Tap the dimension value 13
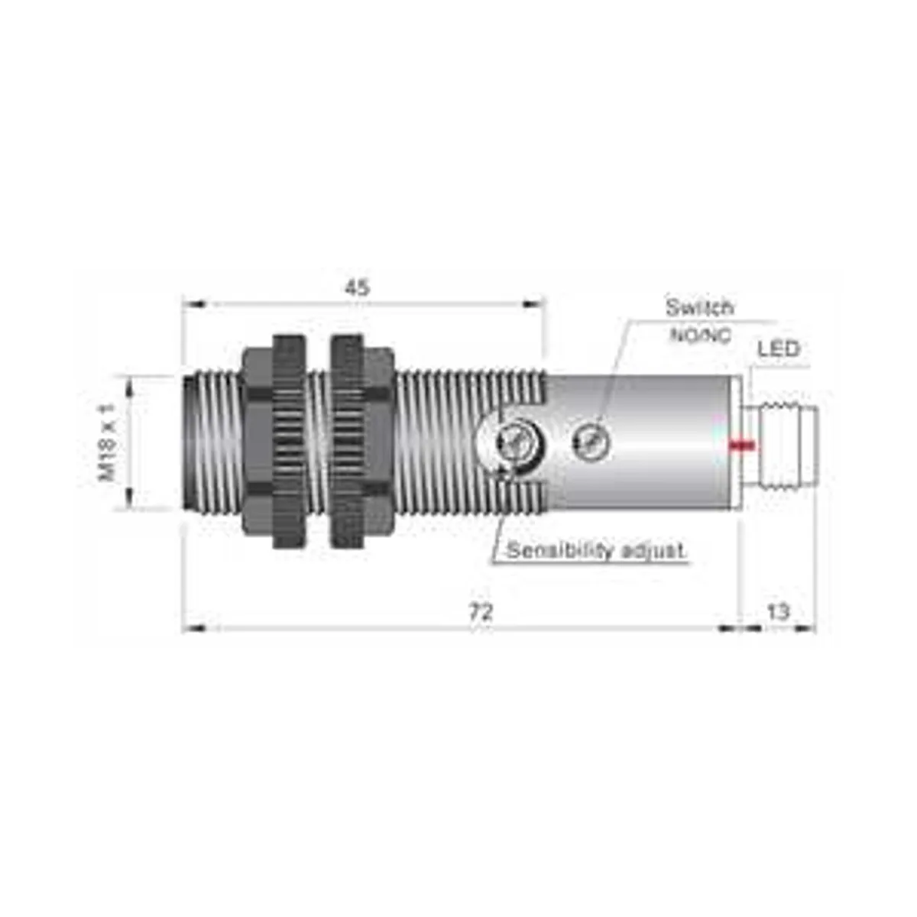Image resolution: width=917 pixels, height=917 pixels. tap(778, 611)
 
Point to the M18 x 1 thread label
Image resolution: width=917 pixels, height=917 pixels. tap(108, 443)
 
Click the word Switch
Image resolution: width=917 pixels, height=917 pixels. tap(699, 308)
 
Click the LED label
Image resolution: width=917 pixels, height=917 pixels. tap(778, 349)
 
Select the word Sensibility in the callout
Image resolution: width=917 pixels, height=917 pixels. tap(549, 550)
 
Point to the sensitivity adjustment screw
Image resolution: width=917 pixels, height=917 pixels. tap(510, 441)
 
